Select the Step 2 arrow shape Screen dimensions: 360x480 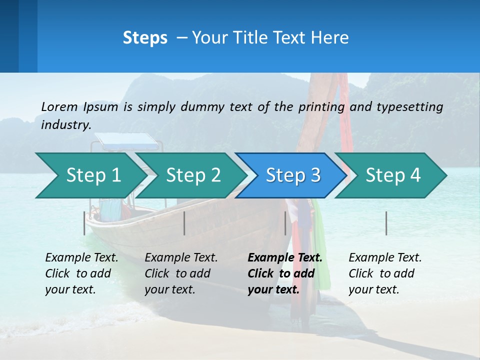[x=193, y=175]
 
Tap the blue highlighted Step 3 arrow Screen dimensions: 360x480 [x=293, y=175]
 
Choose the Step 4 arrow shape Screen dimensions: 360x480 [x=393, y=175]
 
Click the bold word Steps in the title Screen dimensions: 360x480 [x=145, y=38]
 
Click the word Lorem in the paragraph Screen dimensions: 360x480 [x=59, y=106]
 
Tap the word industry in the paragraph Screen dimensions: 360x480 [x=66, y=125]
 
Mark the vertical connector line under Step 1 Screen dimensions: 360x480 [x=84, y=223]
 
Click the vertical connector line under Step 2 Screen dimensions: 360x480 [x=184, y=223]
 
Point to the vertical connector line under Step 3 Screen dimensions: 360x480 [x=285, y=223]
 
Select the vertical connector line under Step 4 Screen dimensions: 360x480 [x=386, y=223]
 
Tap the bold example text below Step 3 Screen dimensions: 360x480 [x=284, y=273]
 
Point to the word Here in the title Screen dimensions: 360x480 [x=331, y=38]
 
